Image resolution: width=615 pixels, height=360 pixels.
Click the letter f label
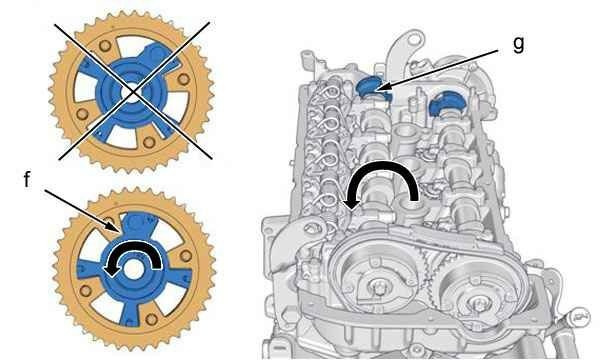coord(27,180)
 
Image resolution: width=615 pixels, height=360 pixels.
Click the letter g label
coord(519,44)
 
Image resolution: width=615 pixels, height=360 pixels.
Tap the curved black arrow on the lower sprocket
coord(133,250)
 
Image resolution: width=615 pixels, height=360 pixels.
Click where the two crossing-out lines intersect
coord(133,91)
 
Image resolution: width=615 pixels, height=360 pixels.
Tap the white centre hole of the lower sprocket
coord(134,270)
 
